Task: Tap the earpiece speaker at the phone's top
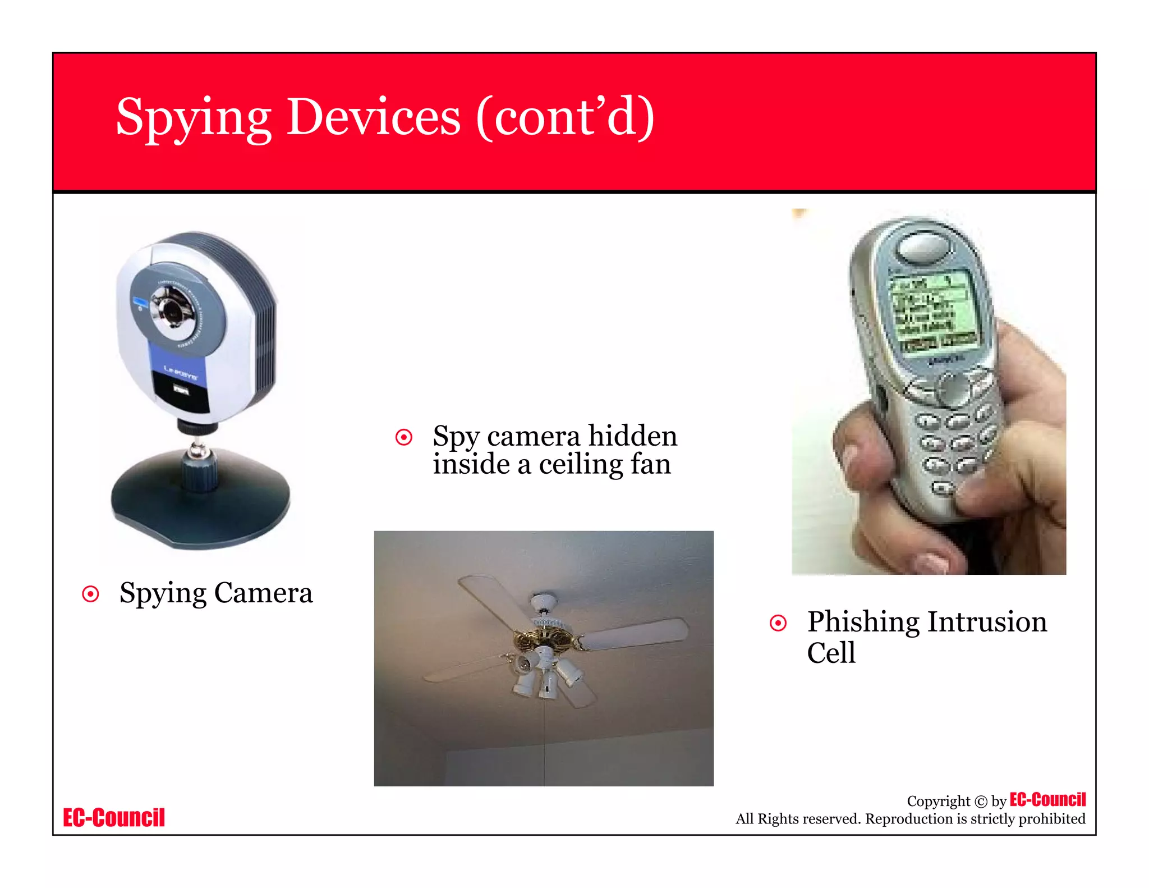coord(923,247)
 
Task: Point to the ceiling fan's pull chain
coord(544,741)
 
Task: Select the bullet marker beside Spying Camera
coord(90,594)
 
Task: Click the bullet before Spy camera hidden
coord(404,437)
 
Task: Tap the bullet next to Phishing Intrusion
coord(778,623)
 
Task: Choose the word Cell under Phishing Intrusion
coord(831,653)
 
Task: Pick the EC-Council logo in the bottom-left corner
coord(114,817)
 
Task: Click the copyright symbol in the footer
coord(980,802)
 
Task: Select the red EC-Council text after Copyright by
coord(1047,799)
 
